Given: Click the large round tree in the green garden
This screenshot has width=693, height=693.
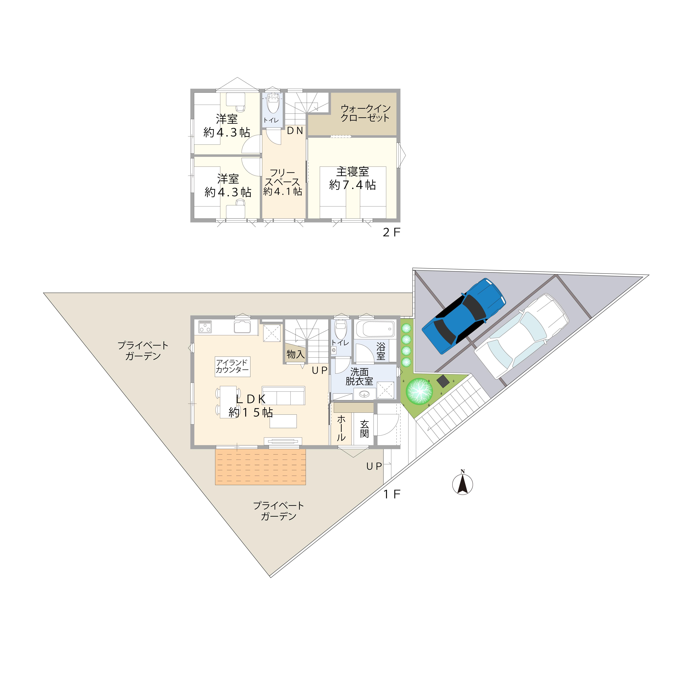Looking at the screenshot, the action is [419, 391].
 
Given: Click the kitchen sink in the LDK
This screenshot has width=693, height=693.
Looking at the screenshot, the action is [242, 327].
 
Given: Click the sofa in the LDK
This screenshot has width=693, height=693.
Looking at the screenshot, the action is [283, 396].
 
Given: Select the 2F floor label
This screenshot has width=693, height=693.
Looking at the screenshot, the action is [391, 232].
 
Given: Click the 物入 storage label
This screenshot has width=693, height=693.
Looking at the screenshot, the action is [296, 354].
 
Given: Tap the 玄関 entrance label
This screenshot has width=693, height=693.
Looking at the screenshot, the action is [364, 429].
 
